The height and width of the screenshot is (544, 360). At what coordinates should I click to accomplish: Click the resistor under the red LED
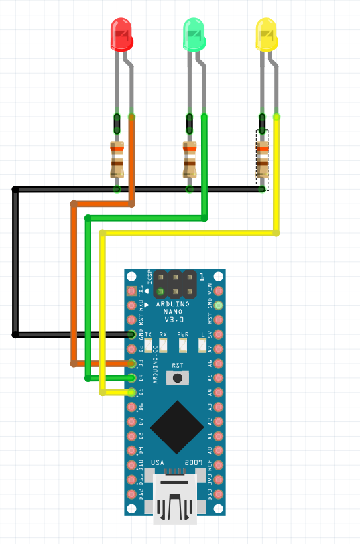click(117, 160)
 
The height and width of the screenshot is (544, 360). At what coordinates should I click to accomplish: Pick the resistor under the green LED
click(190, 160)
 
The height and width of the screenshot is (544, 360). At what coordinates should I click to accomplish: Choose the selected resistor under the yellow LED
click(263, 160)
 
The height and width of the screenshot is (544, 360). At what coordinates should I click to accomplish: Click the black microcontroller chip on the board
click(177, 427)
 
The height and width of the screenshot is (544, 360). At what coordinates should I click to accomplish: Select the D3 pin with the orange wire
click(132, 363)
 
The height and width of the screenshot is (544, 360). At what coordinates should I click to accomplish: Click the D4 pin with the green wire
click(132, 377)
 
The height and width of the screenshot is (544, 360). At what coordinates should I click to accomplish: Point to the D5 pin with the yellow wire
click(132, 392)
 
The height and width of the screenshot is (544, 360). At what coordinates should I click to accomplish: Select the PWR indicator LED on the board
click(183, 345)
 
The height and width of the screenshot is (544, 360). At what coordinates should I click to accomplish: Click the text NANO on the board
click(176, 312)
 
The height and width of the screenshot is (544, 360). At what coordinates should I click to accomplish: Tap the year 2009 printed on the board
click(193, 462)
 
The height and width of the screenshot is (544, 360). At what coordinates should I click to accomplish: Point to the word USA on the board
click(158, 462)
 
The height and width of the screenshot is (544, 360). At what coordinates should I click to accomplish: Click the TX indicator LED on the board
click(149, 345)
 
